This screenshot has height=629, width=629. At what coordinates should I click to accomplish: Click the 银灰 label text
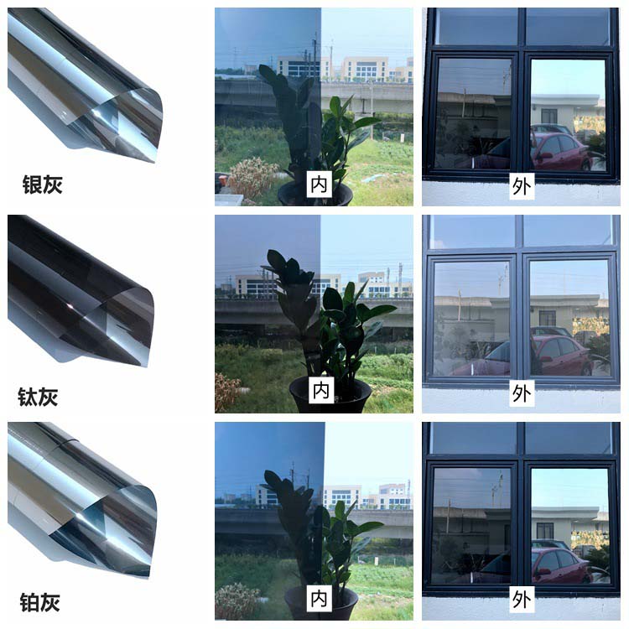(x=42, y=185)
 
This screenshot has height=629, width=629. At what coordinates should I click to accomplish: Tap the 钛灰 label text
(x=38, y=397)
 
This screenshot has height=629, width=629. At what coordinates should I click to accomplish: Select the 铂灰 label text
(x=40, y=602)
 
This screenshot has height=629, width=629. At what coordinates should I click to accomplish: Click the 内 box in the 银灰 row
(x=320, y=185)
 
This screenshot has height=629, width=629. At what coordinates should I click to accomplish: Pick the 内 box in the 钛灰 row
(x=321, y=390)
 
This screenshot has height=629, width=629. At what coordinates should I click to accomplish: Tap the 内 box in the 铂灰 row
(x=319, y=599)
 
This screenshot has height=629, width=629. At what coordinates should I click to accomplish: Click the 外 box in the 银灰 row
(x=522, y=185)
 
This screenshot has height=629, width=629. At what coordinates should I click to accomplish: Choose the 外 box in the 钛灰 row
(x=522, y=392)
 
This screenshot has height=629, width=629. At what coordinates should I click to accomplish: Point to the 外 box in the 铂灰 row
(x=522, y=600)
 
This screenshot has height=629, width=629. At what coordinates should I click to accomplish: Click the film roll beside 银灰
(x=84, y=84)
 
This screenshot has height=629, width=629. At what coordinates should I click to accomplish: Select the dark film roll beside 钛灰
(x=81, y=291)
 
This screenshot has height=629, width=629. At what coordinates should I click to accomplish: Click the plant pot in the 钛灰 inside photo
(x=330, y=395)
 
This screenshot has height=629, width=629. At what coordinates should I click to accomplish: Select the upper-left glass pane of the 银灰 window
(x=476, y=27)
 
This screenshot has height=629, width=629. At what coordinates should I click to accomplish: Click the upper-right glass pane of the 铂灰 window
(x=569, y=439)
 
